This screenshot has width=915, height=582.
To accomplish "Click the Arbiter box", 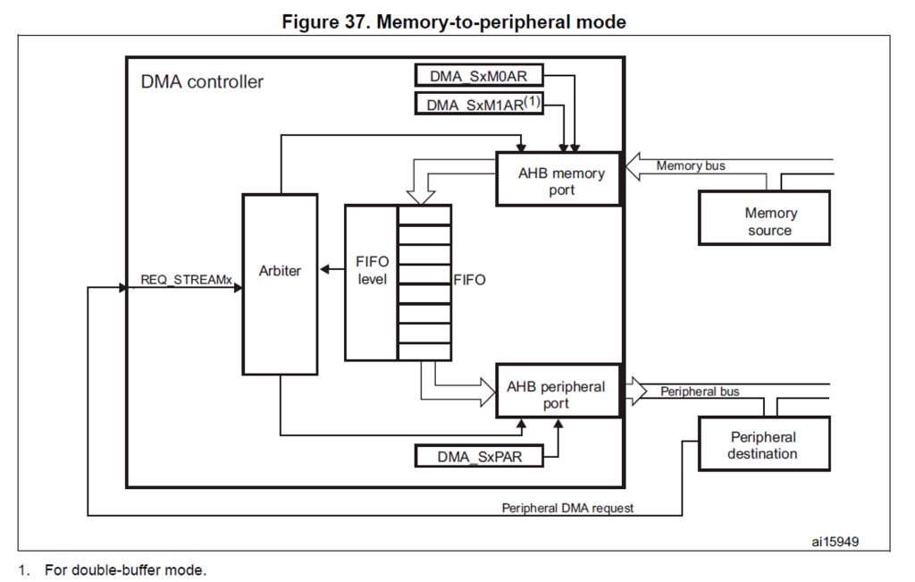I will pyautogui.click(x=280, y=283).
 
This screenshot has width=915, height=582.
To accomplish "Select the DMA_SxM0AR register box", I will pyautogui.click(x=479, y=77).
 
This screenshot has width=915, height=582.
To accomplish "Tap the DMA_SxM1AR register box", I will pyautogui.click(x=479, y=105).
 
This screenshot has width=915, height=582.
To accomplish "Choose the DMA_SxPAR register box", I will pyautogui.click(x=479, y=457).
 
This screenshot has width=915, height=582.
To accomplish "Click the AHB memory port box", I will pyautogui.click(x=558, y=180).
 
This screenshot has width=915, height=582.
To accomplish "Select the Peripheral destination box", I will pyautogui.click(x=763, y=445).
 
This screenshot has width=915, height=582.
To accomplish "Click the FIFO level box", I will pyautogui.click(x=371, y=271).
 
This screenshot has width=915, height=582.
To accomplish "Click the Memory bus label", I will pyautogui.click(x=691, y=165).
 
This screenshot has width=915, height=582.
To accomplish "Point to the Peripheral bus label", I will pyautogui.click(x=700, y=392).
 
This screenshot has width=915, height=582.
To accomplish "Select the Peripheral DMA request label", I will pyautogui.click(x=567, y=508).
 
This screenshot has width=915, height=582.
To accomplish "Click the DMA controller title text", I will pyautogui.click(x=202, y=82).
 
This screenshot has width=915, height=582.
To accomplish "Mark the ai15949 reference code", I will pyautogui.click(x=836, y=541).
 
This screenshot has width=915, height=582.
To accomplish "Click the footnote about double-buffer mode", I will pyautogui.click(x=125, y=569).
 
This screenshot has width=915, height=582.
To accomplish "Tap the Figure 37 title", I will pyautogui.click(x=454, y=21).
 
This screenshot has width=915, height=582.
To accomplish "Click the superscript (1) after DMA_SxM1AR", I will pyautogui.click(x=533, y=101).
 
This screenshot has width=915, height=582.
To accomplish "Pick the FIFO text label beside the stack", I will pyautogui.click(x=469, y=280).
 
